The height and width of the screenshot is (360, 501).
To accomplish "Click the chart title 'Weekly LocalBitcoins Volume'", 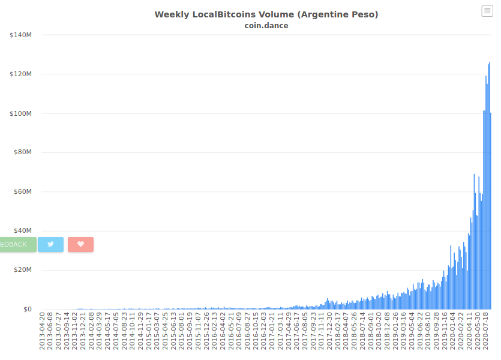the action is coord(224,14).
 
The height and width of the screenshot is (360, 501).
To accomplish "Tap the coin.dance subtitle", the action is coord(266,26).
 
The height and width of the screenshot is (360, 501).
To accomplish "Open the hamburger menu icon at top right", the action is coord(487,11).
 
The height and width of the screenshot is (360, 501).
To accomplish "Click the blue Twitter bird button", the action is coord(50,244).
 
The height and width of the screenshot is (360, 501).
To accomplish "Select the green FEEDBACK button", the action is coord(18,244).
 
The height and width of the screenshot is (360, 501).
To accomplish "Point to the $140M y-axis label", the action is coord(21,35).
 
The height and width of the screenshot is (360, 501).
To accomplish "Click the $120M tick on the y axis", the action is coord(21,74).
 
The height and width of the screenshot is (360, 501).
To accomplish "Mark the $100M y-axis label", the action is coord(21,113).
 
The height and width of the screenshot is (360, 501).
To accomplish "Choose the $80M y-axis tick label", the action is coord(23,152).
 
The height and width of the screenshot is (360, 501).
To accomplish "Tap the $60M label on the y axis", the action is coord(23,191).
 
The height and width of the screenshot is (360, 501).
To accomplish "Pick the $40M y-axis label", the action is coord(23,230).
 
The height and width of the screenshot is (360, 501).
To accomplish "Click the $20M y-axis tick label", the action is coord(23,269).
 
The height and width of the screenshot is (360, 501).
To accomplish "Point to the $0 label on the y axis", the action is coord(28,309).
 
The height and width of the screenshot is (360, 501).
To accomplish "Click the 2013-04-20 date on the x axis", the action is coord(42,331).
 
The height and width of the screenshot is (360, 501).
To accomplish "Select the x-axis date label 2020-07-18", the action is coord(485,331).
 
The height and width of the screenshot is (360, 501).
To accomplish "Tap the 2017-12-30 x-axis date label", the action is coord(329,331).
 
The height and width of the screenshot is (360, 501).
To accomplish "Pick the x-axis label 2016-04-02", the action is coord(223,331).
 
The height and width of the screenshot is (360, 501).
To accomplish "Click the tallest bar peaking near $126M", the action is coord(490,186).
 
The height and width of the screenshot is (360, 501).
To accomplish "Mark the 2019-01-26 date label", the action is coord(395,331).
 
